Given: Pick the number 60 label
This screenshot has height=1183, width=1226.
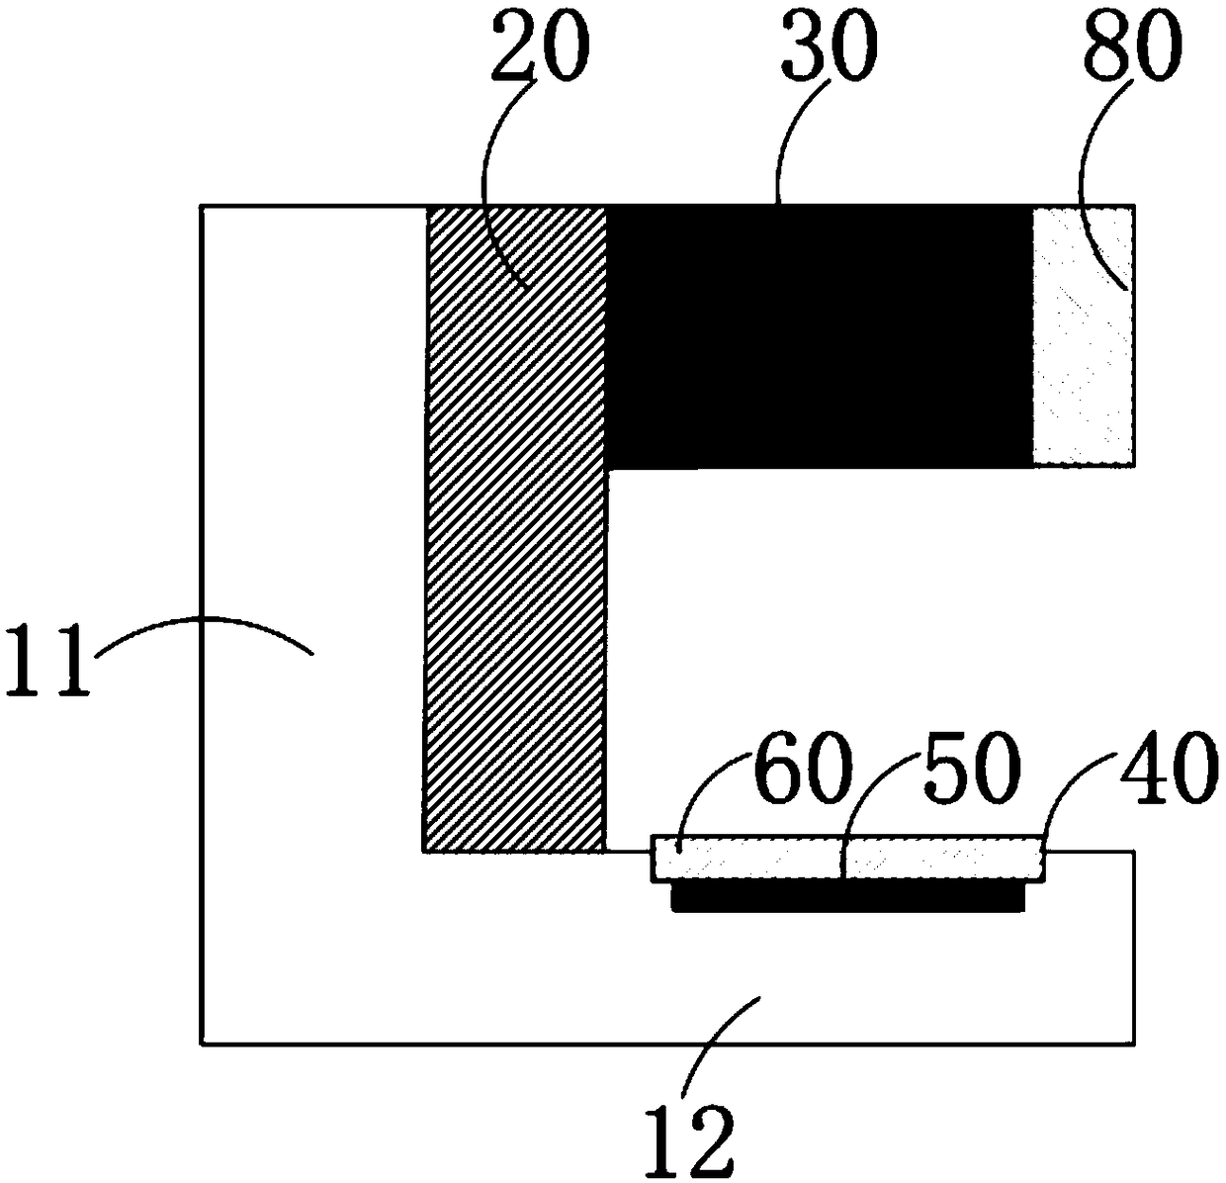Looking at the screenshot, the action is point(802,769).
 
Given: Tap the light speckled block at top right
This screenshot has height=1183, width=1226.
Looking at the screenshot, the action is point(1084,336).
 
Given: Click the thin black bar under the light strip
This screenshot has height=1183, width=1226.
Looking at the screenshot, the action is point(848,896).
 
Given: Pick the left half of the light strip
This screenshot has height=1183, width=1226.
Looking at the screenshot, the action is point(747,859).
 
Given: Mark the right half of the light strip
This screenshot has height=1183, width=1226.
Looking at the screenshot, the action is point(944,859).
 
